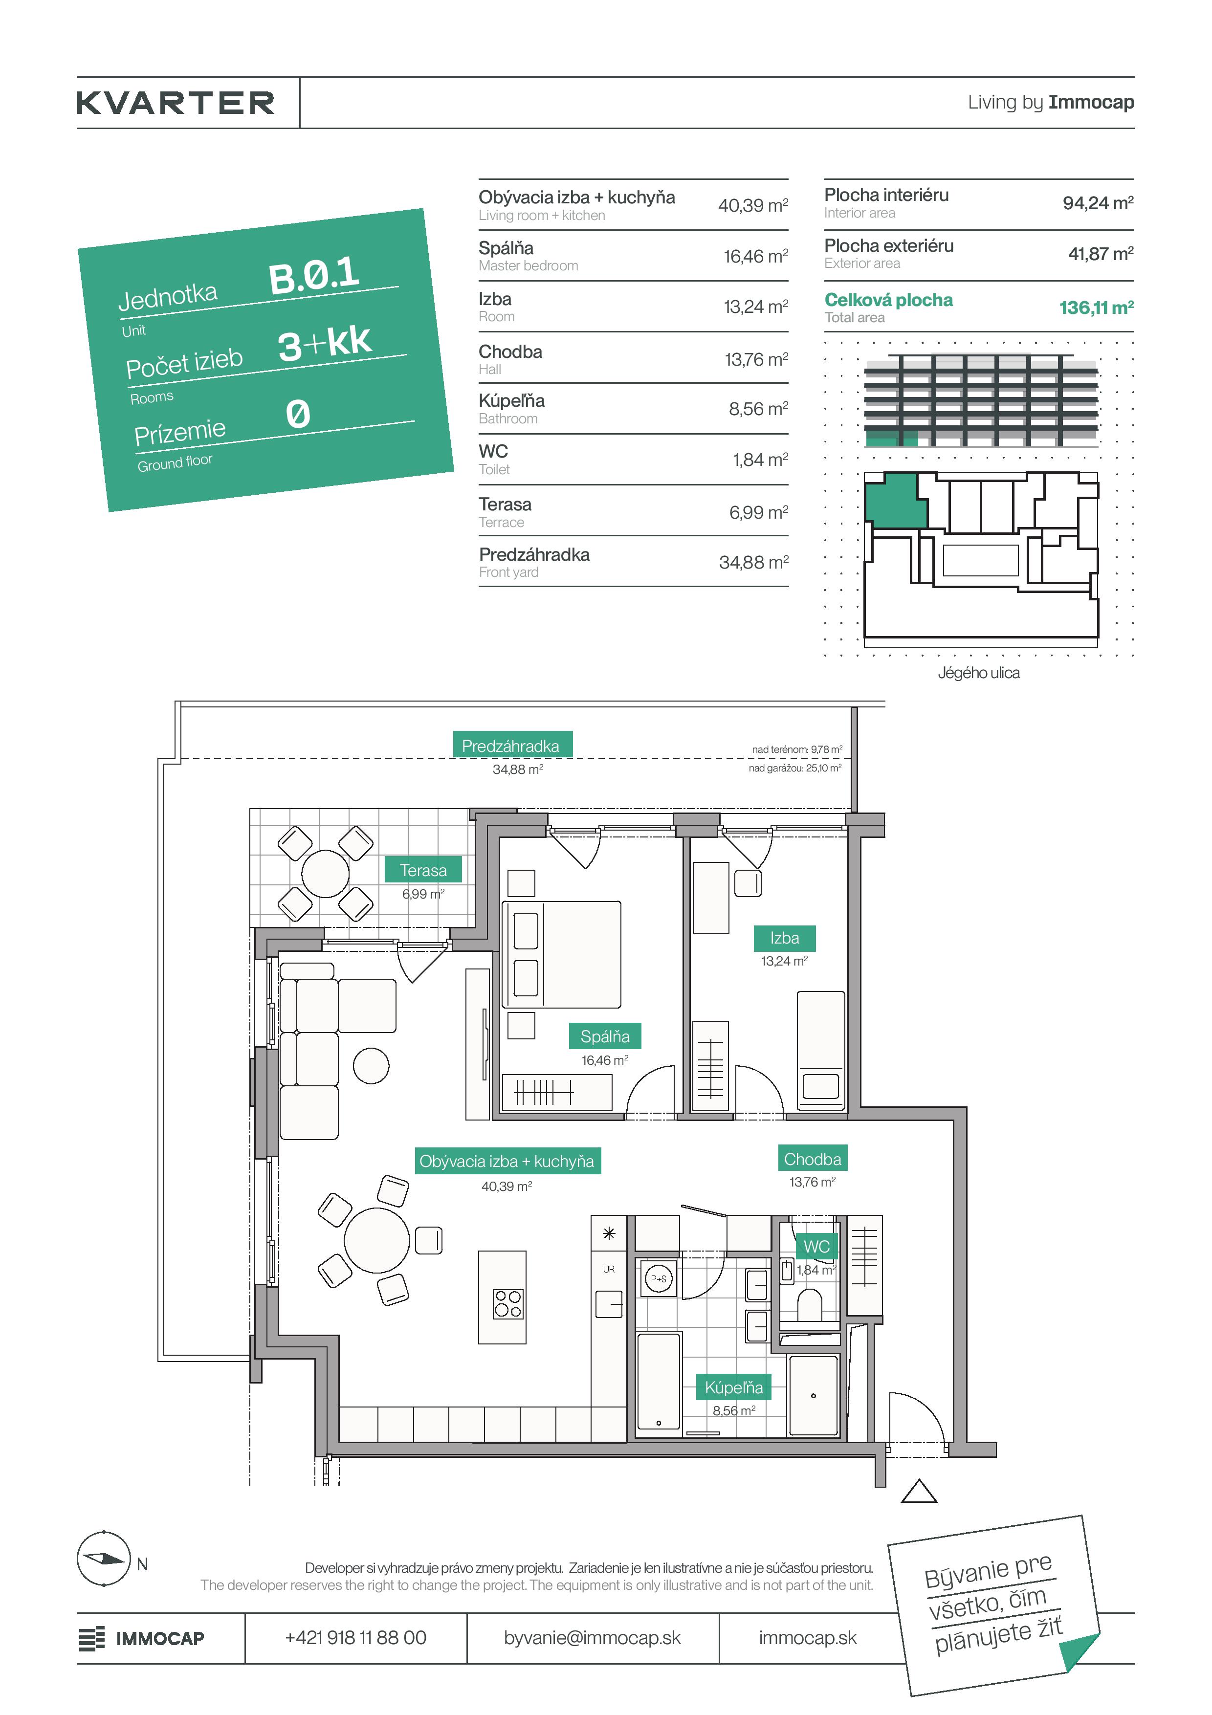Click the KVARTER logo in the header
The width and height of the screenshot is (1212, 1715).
(176, 103)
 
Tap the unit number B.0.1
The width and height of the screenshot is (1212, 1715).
(314, 275)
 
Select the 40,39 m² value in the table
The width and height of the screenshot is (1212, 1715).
(753, 205)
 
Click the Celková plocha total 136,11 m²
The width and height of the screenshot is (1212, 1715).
(1096, 307)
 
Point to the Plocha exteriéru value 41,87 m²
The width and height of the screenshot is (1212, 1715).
(1101, 254)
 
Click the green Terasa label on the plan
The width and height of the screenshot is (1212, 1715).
(423, 870)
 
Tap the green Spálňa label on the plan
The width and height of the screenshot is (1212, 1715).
(605, 1037)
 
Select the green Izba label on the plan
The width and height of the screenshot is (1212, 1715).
(785, 938)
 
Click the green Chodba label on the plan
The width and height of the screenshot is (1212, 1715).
(813, 1159)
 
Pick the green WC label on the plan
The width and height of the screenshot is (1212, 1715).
(817, 1247)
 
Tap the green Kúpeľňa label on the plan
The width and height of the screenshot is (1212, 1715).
(734, 1388)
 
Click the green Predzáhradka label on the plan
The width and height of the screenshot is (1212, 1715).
(511, 746)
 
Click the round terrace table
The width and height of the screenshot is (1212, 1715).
(325, 874)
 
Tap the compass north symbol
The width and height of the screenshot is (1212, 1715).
(104, 1559)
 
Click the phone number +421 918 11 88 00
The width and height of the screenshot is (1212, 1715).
(355, 1638)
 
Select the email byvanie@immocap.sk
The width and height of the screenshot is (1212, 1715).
(592, 1638)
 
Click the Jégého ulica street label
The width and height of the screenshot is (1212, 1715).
(978, 673)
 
